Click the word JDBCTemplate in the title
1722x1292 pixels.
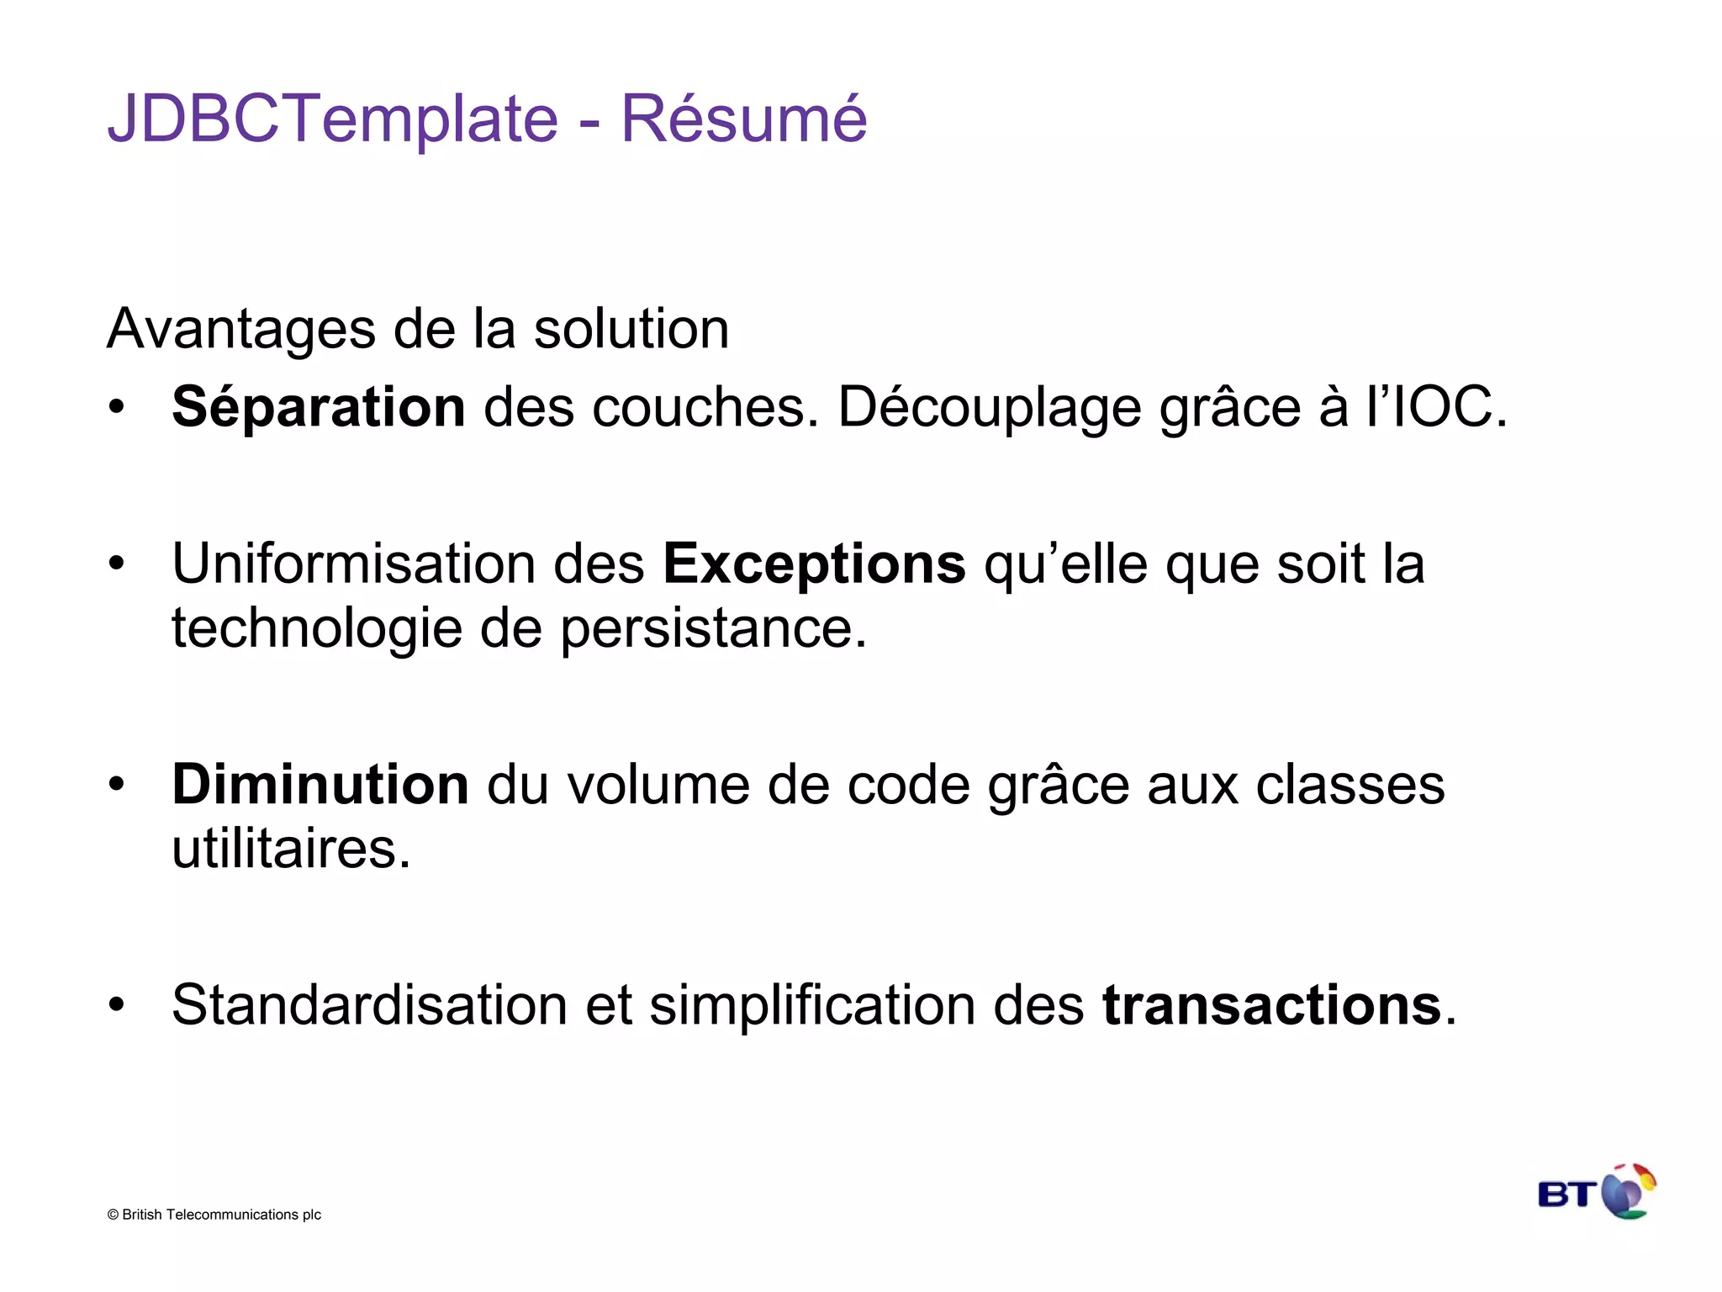[x=333, y=119]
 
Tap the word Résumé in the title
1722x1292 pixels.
[x=743, y=119]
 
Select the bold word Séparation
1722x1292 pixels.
[x=318, y=408]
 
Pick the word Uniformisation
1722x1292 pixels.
[x=353, y=564]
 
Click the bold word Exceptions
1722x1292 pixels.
[x=814, y=564]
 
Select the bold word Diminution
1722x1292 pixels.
[x=320, y=785]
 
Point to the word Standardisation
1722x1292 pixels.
[x=370, y=1005]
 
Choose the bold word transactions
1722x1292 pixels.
[x=1271, y=1005]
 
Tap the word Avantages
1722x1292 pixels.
[x=240, y=329]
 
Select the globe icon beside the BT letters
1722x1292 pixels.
[x=1628, y=1191]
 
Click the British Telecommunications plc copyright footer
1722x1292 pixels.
[x=214, y=1215]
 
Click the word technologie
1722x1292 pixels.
[x=316, y=628]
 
